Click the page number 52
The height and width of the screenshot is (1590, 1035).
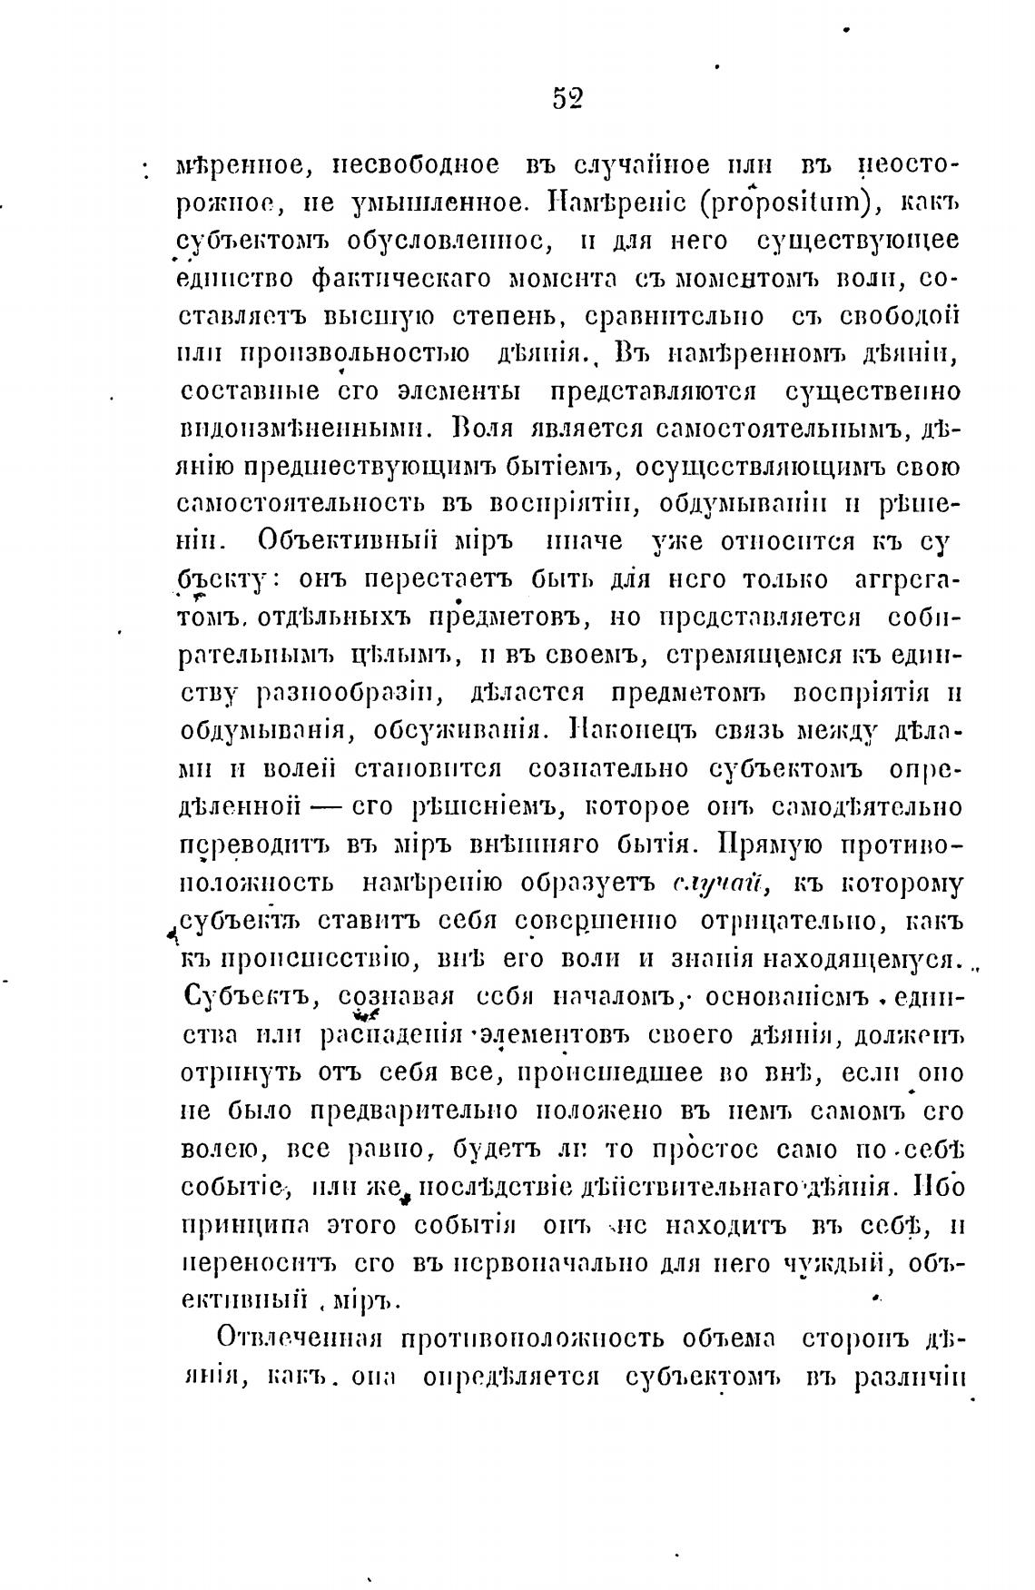567,98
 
